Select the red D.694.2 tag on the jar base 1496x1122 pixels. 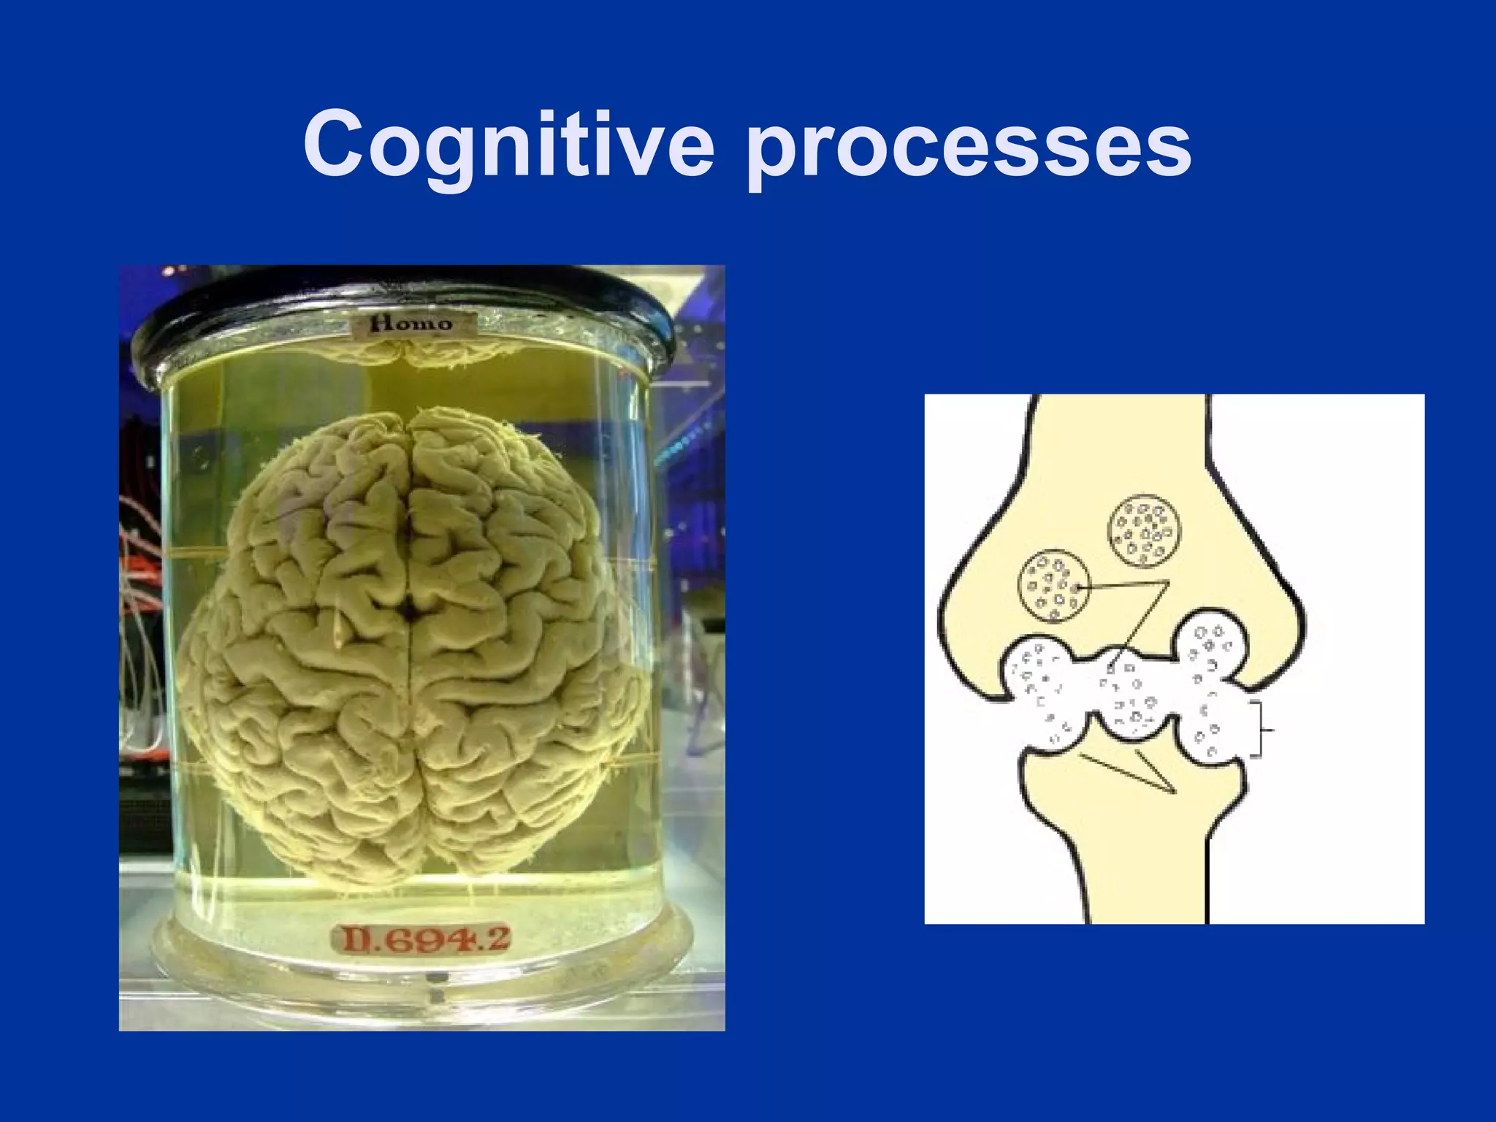tap(422, 939)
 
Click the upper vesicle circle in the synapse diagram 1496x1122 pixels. tap(1145, 531)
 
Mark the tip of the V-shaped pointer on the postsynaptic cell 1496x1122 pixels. tap(1175, 793)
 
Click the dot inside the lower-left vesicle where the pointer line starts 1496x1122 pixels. tap(1077, 587)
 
